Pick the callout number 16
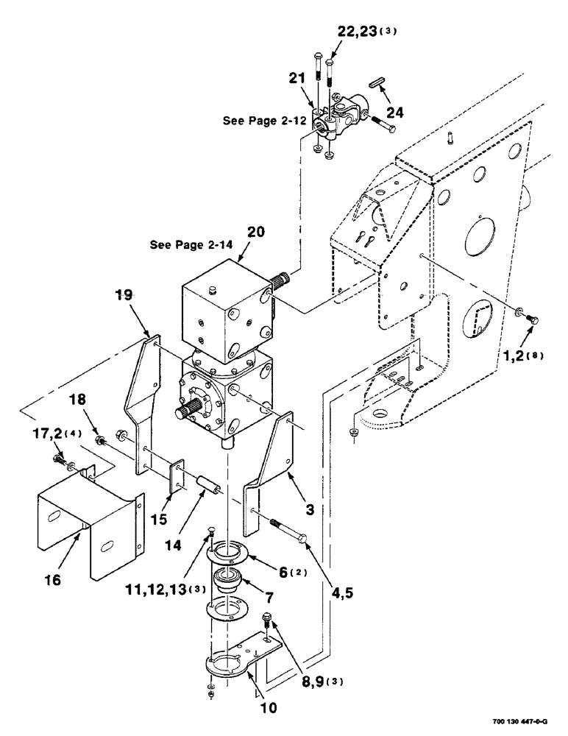(x=52, y=581)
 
